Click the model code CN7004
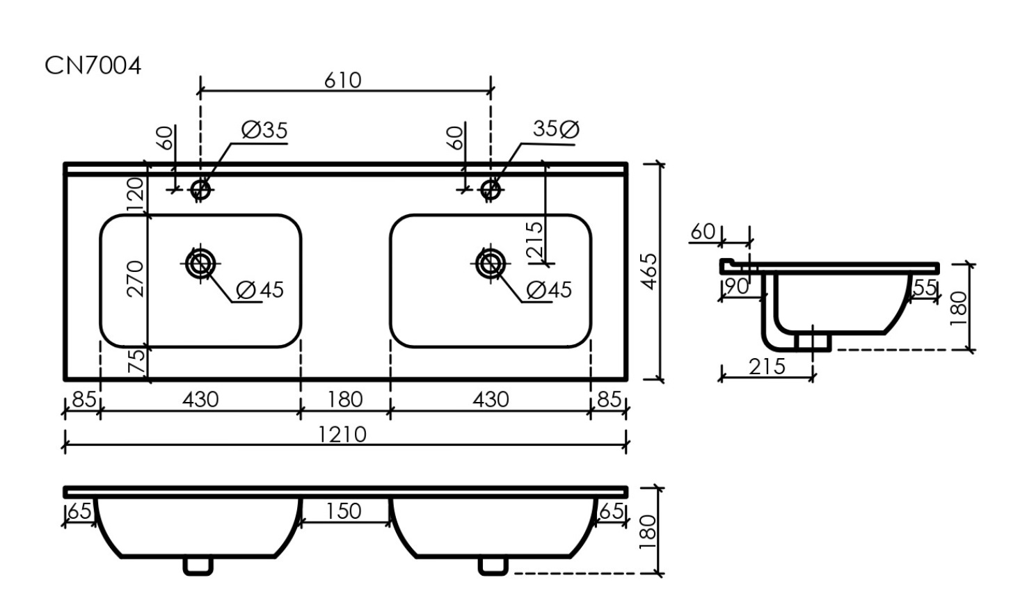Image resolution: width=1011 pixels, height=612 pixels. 93,66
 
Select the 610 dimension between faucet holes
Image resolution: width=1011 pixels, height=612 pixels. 343,81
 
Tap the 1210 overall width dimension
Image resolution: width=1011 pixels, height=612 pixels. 342,435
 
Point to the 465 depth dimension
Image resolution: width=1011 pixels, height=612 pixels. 650,271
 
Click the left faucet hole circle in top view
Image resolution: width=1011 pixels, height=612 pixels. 200,189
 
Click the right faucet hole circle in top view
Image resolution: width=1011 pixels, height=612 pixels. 490,189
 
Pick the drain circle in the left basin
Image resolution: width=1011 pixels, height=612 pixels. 200,264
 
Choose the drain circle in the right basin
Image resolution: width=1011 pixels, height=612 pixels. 490,264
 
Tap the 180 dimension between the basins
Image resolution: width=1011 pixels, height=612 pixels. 345,400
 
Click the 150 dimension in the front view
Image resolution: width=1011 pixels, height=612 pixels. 344,511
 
